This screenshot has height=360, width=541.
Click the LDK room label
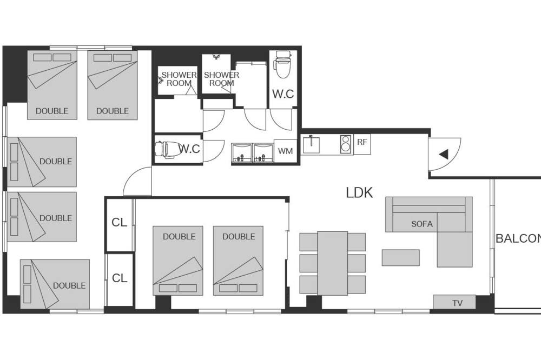tap(359, 193)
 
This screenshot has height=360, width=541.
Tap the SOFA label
tap(421, 224)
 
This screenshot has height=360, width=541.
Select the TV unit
tap(454, 302)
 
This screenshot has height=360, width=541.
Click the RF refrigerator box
tap(362, 144)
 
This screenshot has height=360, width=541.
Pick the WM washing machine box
tap(285, 151)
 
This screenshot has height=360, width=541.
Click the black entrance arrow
tap(444, 154)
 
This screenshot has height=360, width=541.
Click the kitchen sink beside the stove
tap(312, 145)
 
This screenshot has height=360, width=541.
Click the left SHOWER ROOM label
tap(179, 79)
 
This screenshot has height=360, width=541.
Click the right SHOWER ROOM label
tap(221, 79)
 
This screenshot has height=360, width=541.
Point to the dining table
tap(333, 263)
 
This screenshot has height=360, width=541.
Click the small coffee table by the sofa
tap(400, 258)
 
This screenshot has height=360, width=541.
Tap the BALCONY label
tap(518, 238)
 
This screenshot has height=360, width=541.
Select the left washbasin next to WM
tap(242, 153)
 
